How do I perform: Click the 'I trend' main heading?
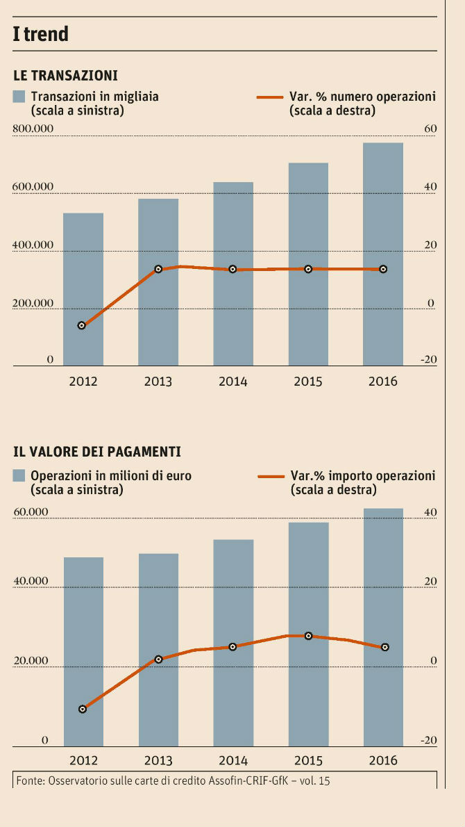pyautogui.click(x=41, y=33)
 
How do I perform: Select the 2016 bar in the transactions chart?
pyautogui.click(x=383, y=254)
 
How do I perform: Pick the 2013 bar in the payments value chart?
pyautogui.click(x=158, y=650)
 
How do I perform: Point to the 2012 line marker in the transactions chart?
pyautogui.click(x=82, y=325)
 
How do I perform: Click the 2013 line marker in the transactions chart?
pyautogui.click(x=158, y=269)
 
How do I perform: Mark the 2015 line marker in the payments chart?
pyautogui.click(x=308, y=636)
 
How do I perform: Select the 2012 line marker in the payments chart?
pyautogui.click(x=83, y=709)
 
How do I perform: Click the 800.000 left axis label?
pyautogui.click(x=33, y=129)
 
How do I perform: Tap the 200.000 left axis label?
pyautogui.click(x=33, y=303)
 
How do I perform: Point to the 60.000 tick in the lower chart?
pyautogui.click(x=31, y=512)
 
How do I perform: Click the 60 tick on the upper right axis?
pyautogui.click(x=430, y=129)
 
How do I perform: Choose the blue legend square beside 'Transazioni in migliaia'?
pyautogui.click(x=19, y=97)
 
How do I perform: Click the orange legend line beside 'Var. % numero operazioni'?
pyautogui.click(x=270, y=97)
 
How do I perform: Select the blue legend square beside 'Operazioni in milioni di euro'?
pyautogui.click(x=19, y=476)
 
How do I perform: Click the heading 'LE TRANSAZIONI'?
pyautogui.click(x=65, y=75)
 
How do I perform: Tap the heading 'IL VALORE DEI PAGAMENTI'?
pyautogui.click(x=97, y=452)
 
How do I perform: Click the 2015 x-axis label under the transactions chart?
pyautogui.click(x=308, y=381)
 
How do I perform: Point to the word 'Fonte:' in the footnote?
pyautogui.click(x=31, y=780)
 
